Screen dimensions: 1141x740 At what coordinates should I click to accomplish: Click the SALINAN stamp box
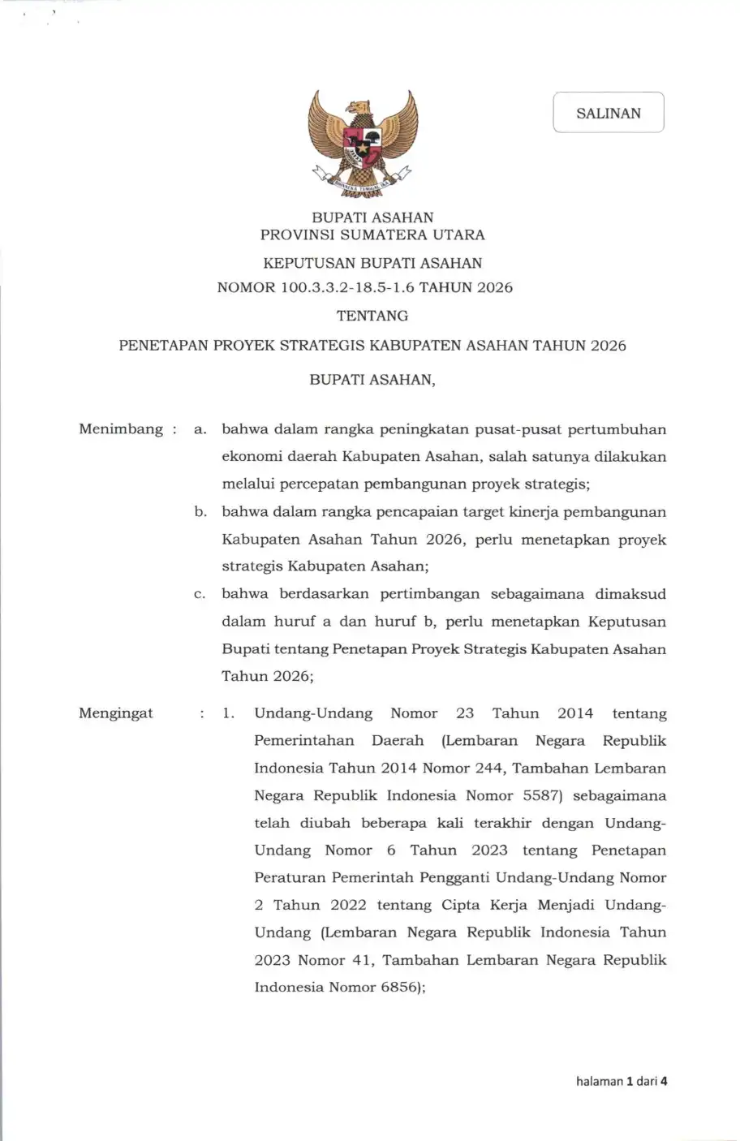pyautogui.click(x=609, y=113)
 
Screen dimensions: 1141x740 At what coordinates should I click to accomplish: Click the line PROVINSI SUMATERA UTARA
pyautogui.click(x=372, y=235)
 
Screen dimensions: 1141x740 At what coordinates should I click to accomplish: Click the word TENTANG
pyautogui.click(x=372, y=316)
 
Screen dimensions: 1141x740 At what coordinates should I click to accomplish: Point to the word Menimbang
pyautogui.click(x=121, y=428)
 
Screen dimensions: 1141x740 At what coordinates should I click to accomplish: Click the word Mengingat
pyautogui.click(x=116, y=713)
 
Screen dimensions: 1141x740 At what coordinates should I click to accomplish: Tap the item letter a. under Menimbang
pyautogui.click(x=200, y=429)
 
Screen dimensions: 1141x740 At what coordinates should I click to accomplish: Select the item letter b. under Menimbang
pyautogui.click(x=200, y=512)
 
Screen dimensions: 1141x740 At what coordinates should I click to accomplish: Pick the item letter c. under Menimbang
pyautogui.click(x=200, y=594)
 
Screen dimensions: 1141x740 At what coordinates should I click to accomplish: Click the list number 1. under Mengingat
pyautogui.click(x=229, y=713)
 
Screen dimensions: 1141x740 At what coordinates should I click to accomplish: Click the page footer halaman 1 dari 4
pyautogui.click(x=622, y=1081)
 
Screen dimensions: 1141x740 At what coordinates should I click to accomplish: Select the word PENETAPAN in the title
pyautogui.click(x=163, y=346)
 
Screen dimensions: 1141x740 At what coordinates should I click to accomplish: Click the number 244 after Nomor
pyautogui.click(x=488, y=768)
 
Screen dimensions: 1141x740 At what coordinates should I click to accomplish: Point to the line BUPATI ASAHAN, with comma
pyautogui.click(x=372, y=380)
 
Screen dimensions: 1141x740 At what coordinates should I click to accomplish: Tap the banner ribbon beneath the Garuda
pyautogui.click(x=363, y=184)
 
